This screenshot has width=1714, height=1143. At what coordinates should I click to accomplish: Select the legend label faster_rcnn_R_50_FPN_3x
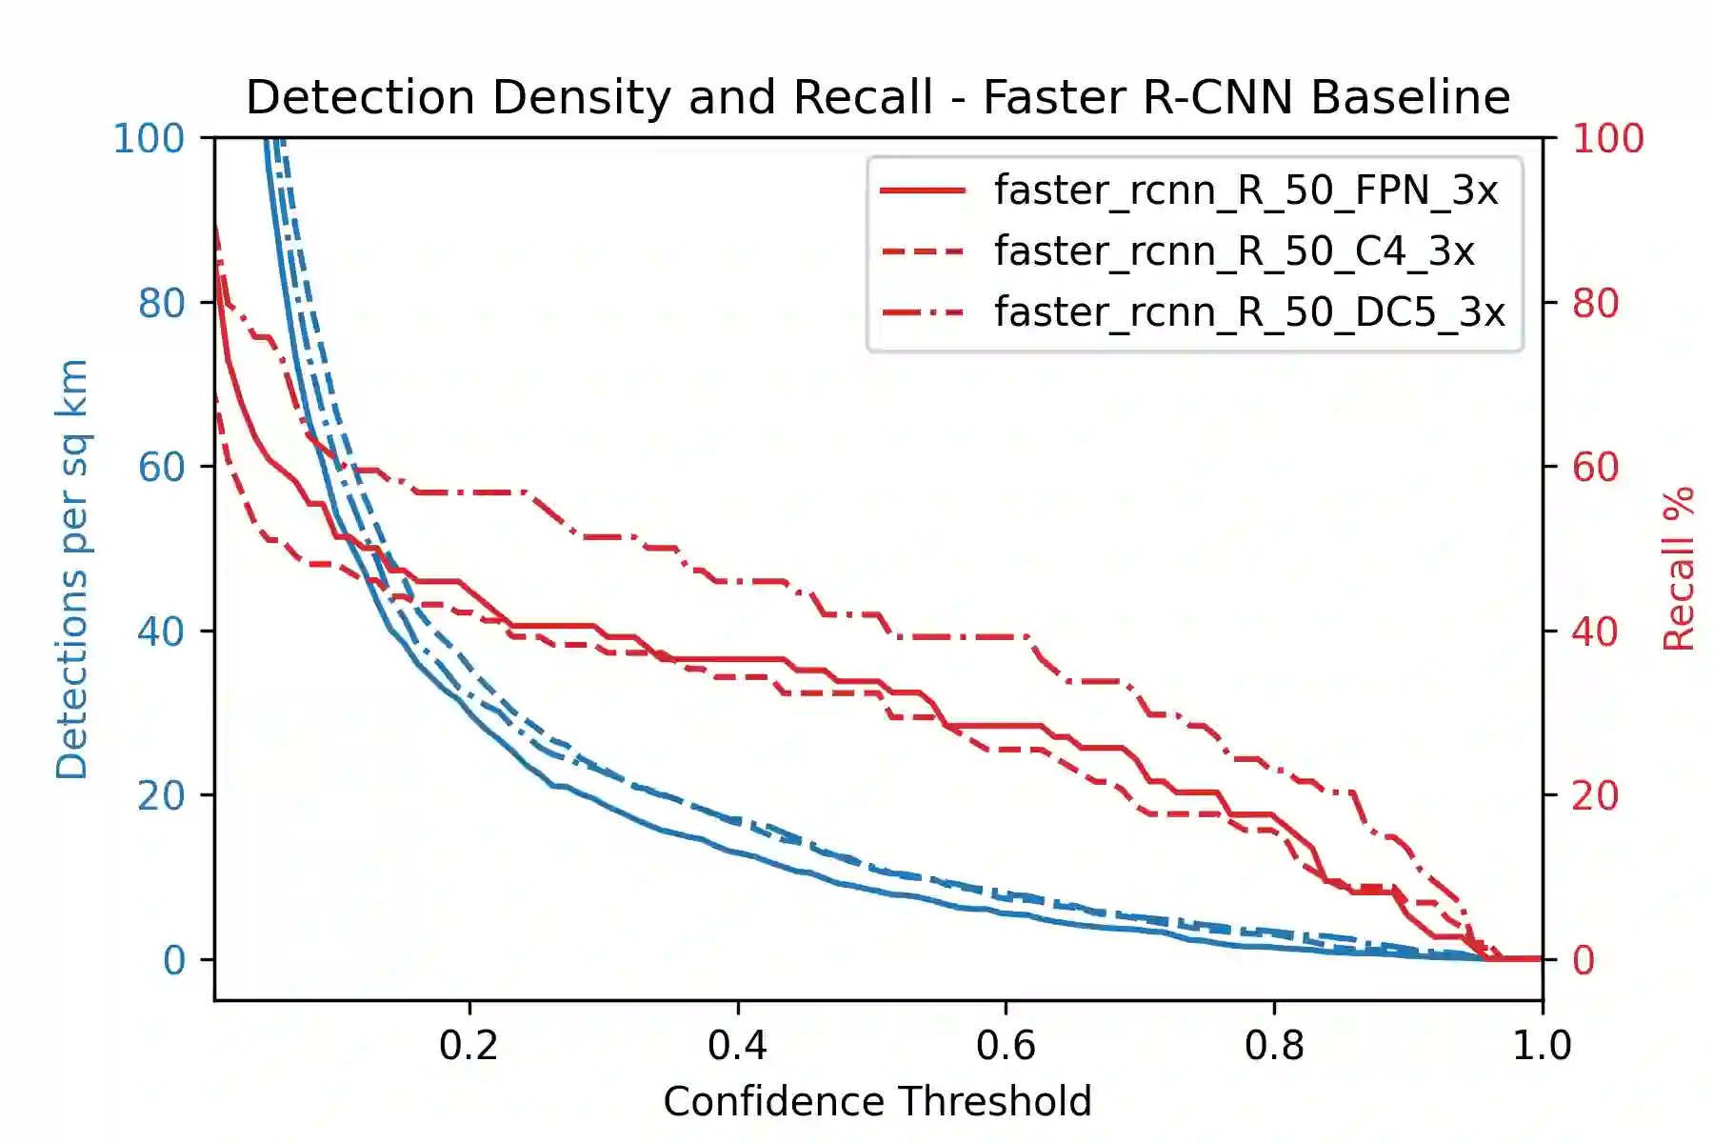(1246, 190)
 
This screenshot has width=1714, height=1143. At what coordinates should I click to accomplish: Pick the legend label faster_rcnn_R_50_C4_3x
(1234, 251)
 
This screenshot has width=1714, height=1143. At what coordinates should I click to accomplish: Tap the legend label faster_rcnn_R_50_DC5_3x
(1249, 312)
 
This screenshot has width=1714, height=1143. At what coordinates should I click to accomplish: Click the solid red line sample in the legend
(923, 191)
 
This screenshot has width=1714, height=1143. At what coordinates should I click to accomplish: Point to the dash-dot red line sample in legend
(923, 312)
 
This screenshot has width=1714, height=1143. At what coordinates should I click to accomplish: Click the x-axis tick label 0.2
(468, 1046)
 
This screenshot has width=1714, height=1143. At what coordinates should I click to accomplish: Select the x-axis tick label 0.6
(1006, 1046)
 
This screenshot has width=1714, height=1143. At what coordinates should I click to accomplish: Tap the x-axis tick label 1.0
(1542, 1046)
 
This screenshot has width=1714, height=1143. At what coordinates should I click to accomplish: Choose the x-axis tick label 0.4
(737, 1046)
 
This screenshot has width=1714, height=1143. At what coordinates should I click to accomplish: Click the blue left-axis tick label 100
(149, 139)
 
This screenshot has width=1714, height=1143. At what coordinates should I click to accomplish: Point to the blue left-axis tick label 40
(160, 632)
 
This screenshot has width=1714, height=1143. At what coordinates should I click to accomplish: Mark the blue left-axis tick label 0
(173, 960)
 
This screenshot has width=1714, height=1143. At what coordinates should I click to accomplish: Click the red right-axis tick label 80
(1595, 304)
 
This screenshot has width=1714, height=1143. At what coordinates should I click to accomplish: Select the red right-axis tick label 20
(1595, 796)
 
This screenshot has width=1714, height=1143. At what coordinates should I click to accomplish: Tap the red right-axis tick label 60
(1595, 468)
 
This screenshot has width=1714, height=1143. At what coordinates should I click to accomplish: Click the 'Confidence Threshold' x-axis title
(877, 1102)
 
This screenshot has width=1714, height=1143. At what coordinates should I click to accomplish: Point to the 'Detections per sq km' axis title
(72, 570)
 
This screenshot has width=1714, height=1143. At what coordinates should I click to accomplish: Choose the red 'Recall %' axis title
(1678, 570)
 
